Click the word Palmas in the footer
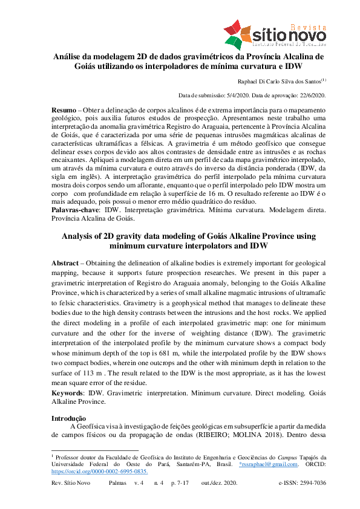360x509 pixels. tap(119, 484)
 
